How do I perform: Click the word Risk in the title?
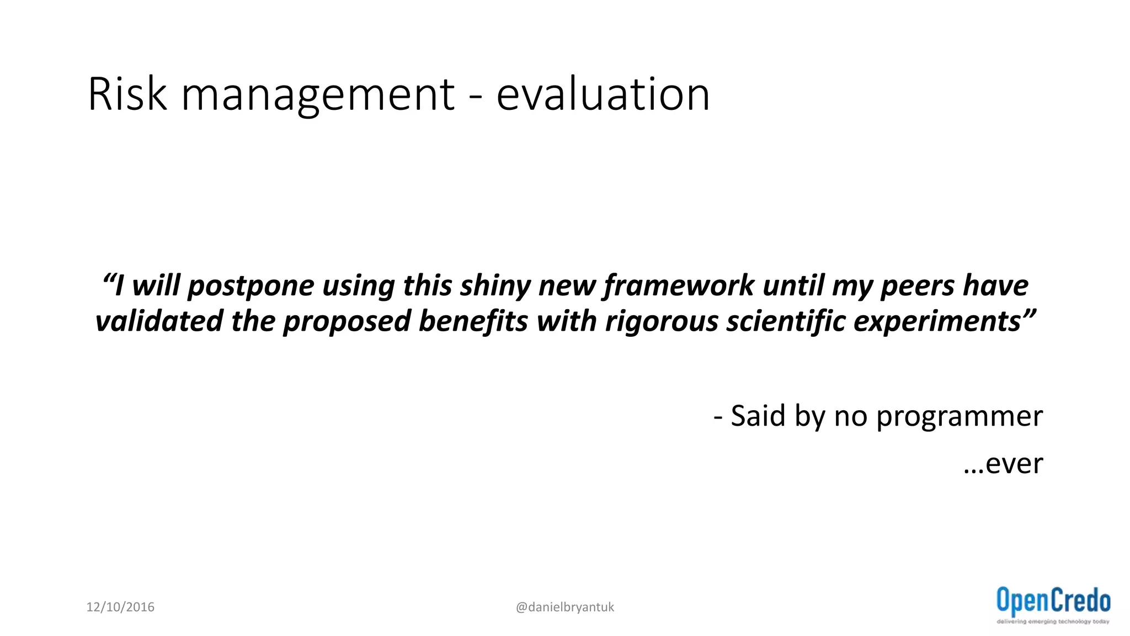pyautogui.click(x=127, y=94)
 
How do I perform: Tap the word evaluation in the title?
pyautogui.click(x=603, y=94)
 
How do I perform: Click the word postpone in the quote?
pyautogui.click(x=250, y=287)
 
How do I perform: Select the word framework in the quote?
pyautogui.click(x=678, y=287)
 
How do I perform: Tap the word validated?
pyautogui.click(x=159, y=321)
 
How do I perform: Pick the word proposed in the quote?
pyautogui.click(x=346, y=322)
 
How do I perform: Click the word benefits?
pyautogui.click(x=473, y=321)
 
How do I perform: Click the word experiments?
pyautogui.click(x=937, y=322)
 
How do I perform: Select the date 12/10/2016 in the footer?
pyautogui.click(x=120, y=607)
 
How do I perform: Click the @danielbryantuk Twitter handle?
pyautogui.click(x=564, y=607)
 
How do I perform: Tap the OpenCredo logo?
pyautogui.click(x=1053, y=605)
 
